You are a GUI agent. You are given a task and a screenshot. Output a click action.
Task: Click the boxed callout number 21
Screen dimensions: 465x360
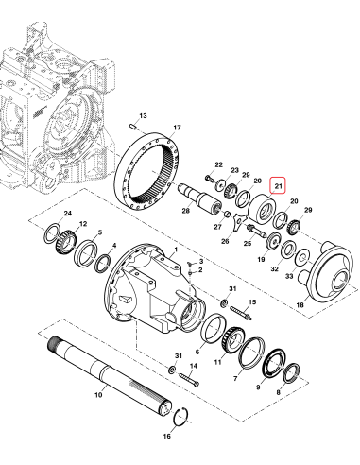279,185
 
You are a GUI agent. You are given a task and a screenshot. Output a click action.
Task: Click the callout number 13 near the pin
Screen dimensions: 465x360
144,115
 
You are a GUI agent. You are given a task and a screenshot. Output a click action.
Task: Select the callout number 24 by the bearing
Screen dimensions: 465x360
67,215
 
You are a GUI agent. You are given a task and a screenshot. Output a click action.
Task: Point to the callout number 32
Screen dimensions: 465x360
274,268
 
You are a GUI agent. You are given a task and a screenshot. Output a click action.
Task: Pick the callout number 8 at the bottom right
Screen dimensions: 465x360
277,390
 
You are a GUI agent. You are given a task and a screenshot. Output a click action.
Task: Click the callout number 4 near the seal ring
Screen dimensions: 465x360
114,247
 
